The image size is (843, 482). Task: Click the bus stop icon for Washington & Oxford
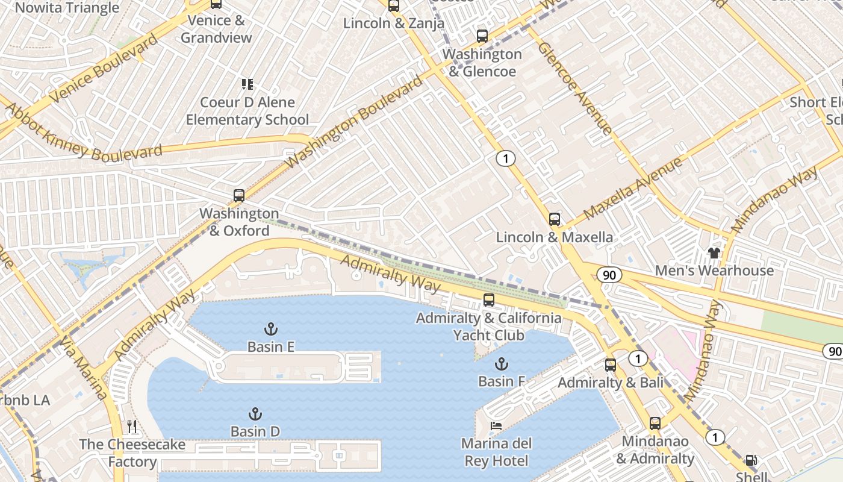pyautogui.click(x=239, y=196)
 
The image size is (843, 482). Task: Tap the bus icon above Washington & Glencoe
pyautogui.click(x=482, y=36)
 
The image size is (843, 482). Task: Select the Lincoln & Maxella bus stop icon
pyautogui.click(x=555, y=219)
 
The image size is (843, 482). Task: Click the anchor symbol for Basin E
pyautogui.click(x=271, y=329)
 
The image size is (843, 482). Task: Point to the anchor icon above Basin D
pyautogui.click(x=255, y=414)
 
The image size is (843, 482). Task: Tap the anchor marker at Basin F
pyautogui.click(x=501, y=364)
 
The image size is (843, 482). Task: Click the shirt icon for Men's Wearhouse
pyautogui.click(x=714, y=253)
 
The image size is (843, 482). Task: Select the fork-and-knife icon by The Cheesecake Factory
pyautogui.click(x=132, y=427)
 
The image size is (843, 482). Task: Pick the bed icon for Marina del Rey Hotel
pyautogui.click(x=496, y=427)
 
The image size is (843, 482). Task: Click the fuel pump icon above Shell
pyautogui.click(x=751, y=461)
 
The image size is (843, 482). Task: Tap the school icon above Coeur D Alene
pyautogui.click(x=247, y=84)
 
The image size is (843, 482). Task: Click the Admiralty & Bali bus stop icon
pyautogui.click(x=611, y=365)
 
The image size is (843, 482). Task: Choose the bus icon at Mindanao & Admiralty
pyautogui.click(x=655, y=424)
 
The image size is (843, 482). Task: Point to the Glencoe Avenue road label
pyautogui.click(x=574, y=88)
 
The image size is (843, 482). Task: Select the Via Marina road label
pyautogui.click(x=84, y=369)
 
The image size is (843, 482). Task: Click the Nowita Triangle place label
pyautogui.click(x=67, y=8)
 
